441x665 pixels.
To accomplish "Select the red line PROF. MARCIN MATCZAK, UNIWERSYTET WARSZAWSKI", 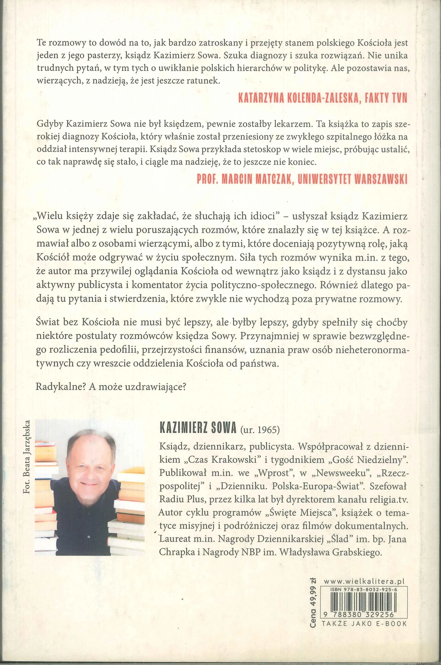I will (302, 180).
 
